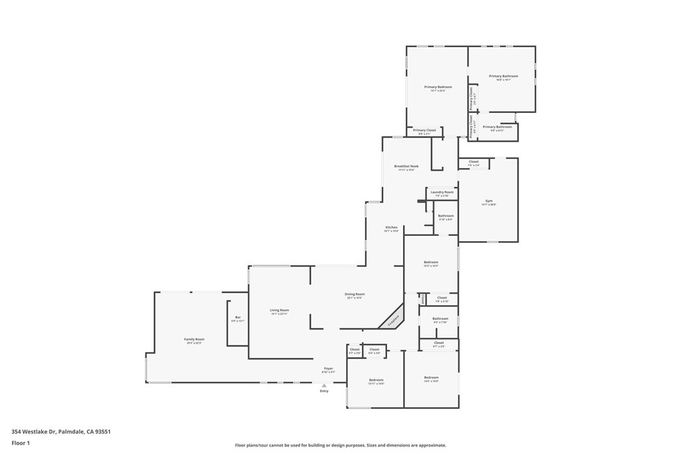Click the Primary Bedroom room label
pyautogui.click(x=438, y=87)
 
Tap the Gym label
pyautogui.click(x=489, y=201)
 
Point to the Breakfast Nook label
pyautogui.click(x=406, y=166)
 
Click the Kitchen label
pyautogui.click(x=391, y=227)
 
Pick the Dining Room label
pyautogui.click(x=354, y=294)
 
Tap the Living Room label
pyautogui.click(x=279, y=310)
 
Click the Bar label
pyautogui.click(x=238, y=318)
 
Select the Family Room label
pyautogui.click(x=194, y=339)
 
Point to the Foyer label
pyautogui.click(x=329, y=368)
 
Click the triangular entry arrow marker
pyautogui.click(x=324, y=385)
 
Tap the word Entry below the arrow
pyautogui.click(x=324, y=391)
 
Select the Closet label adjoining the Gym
pyautogui.click(x=474, y=162)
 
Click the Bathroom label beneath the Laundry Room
pyautogui.click(x=446, y=215)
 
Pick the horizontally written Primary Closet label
pyautogui.click(x=424, y=130)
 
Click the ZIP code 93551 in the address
pyautogui.click(x=103, y=431)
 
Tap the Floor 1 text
pyautogui.click(x=21, y=442)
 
